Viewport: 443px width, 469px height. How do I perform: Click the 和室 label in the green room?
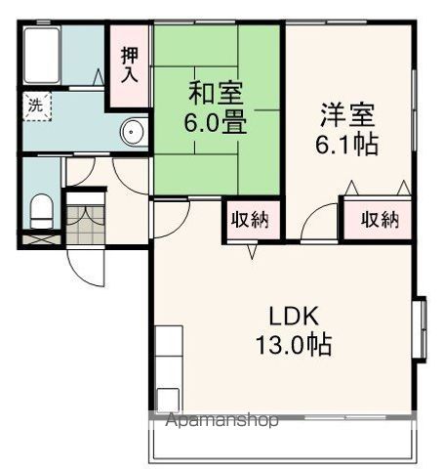click(217, 95)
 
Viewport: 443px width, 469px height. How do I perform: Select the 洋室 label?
click(345, 114)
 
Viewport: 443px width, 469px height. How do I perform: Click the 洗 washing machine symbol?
click(35, 106)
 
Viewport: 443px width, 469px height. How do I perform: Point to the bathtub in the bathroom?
click(45, 57)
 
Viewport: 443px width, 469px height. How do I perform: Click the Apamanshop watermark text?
click(222, 421)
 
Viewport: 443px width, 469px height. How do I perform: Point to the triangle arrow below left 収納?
click(252, 252)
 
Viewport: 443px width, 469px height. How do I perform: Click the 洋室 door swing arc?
click(317, 228)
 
